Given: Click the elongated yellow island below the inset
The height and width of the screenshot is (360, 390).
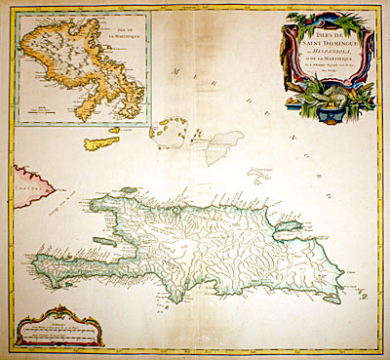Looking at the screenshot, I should click(x=99, y=143).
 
